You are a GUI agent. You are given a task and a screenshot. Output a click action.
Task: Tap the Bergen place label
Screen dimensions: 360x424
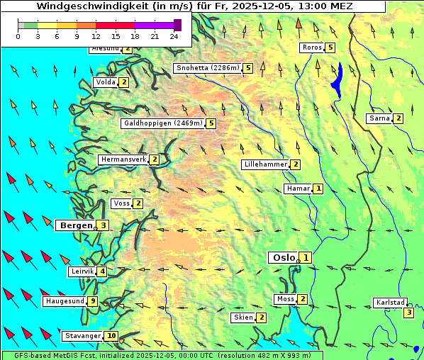click(x=75, y=225)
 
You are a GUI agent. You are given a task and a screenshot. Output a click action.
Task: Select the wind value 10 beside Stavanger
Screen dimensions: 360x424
click(x=111, y=336)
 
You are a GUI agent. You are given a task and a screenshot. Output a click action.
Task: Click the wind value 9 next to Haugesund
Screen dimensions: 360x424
click(x=93, y=301)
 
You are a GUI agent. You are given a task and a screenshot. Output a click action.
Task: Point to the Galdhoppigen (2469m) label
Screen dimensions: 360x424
click(x=163, y=123)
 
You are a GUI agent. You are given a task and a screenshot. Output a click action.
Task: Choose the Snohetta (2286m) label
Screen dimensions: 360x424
click(x=207, y=68)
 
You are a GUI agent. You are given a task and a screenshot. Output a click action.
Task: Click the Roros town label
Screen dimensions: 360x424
click(x=312, y=47)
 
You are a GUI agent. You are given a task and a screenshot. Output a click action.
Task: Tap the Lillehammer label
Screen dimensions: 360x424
click(x=265, y=164)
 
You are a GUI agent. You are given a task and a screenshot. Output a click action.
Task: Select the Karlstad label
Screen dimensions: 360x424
click(x=390, y=303)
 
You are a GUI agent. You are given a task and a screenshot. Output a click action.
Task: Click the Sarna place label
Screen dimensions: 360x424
click(x=379, y=118)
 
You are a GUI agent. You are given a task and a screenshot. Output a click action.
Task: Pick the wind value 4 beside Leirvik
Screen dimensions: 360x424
click(x=103, y=271)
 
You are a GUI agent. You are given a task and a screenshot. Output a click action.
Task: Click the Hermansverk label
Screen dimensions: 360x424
click(x=123, y=159)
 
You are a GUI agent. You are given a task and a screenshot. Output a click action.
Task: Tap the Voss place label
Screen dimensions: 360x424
click(x=121, y=203)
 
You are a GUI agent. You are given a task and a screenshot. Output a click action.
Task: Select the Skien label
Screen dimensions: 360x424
click(x=243, y=317)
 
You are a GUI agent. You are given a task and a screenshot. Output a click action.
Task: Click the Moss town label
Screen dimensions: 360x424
click(x=286, y=299)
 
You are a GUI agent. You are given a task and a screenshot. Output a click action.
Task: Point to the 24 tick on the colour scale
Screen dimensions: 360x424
click(x=174, y=36)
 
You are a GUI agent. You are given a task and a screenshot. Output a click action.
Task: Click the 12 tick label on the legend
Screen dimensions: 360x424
click(x=96, y=36)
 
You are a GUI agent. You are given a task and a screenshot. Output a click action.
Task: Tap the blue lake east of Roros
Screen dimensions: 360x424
click(x=337, y=79)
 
